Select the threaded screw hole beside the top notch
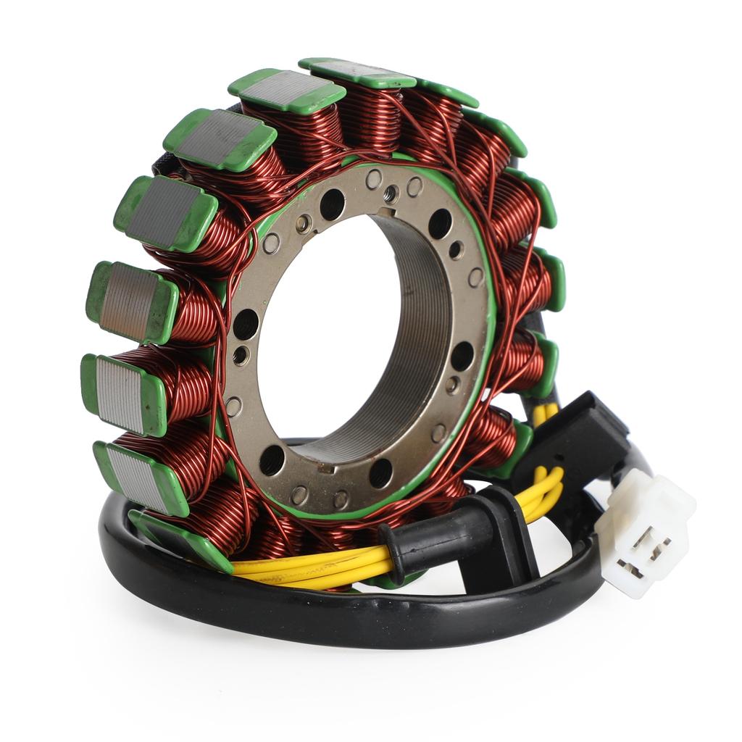(391, 193)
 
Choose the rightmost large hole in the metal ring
(462, 356)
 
